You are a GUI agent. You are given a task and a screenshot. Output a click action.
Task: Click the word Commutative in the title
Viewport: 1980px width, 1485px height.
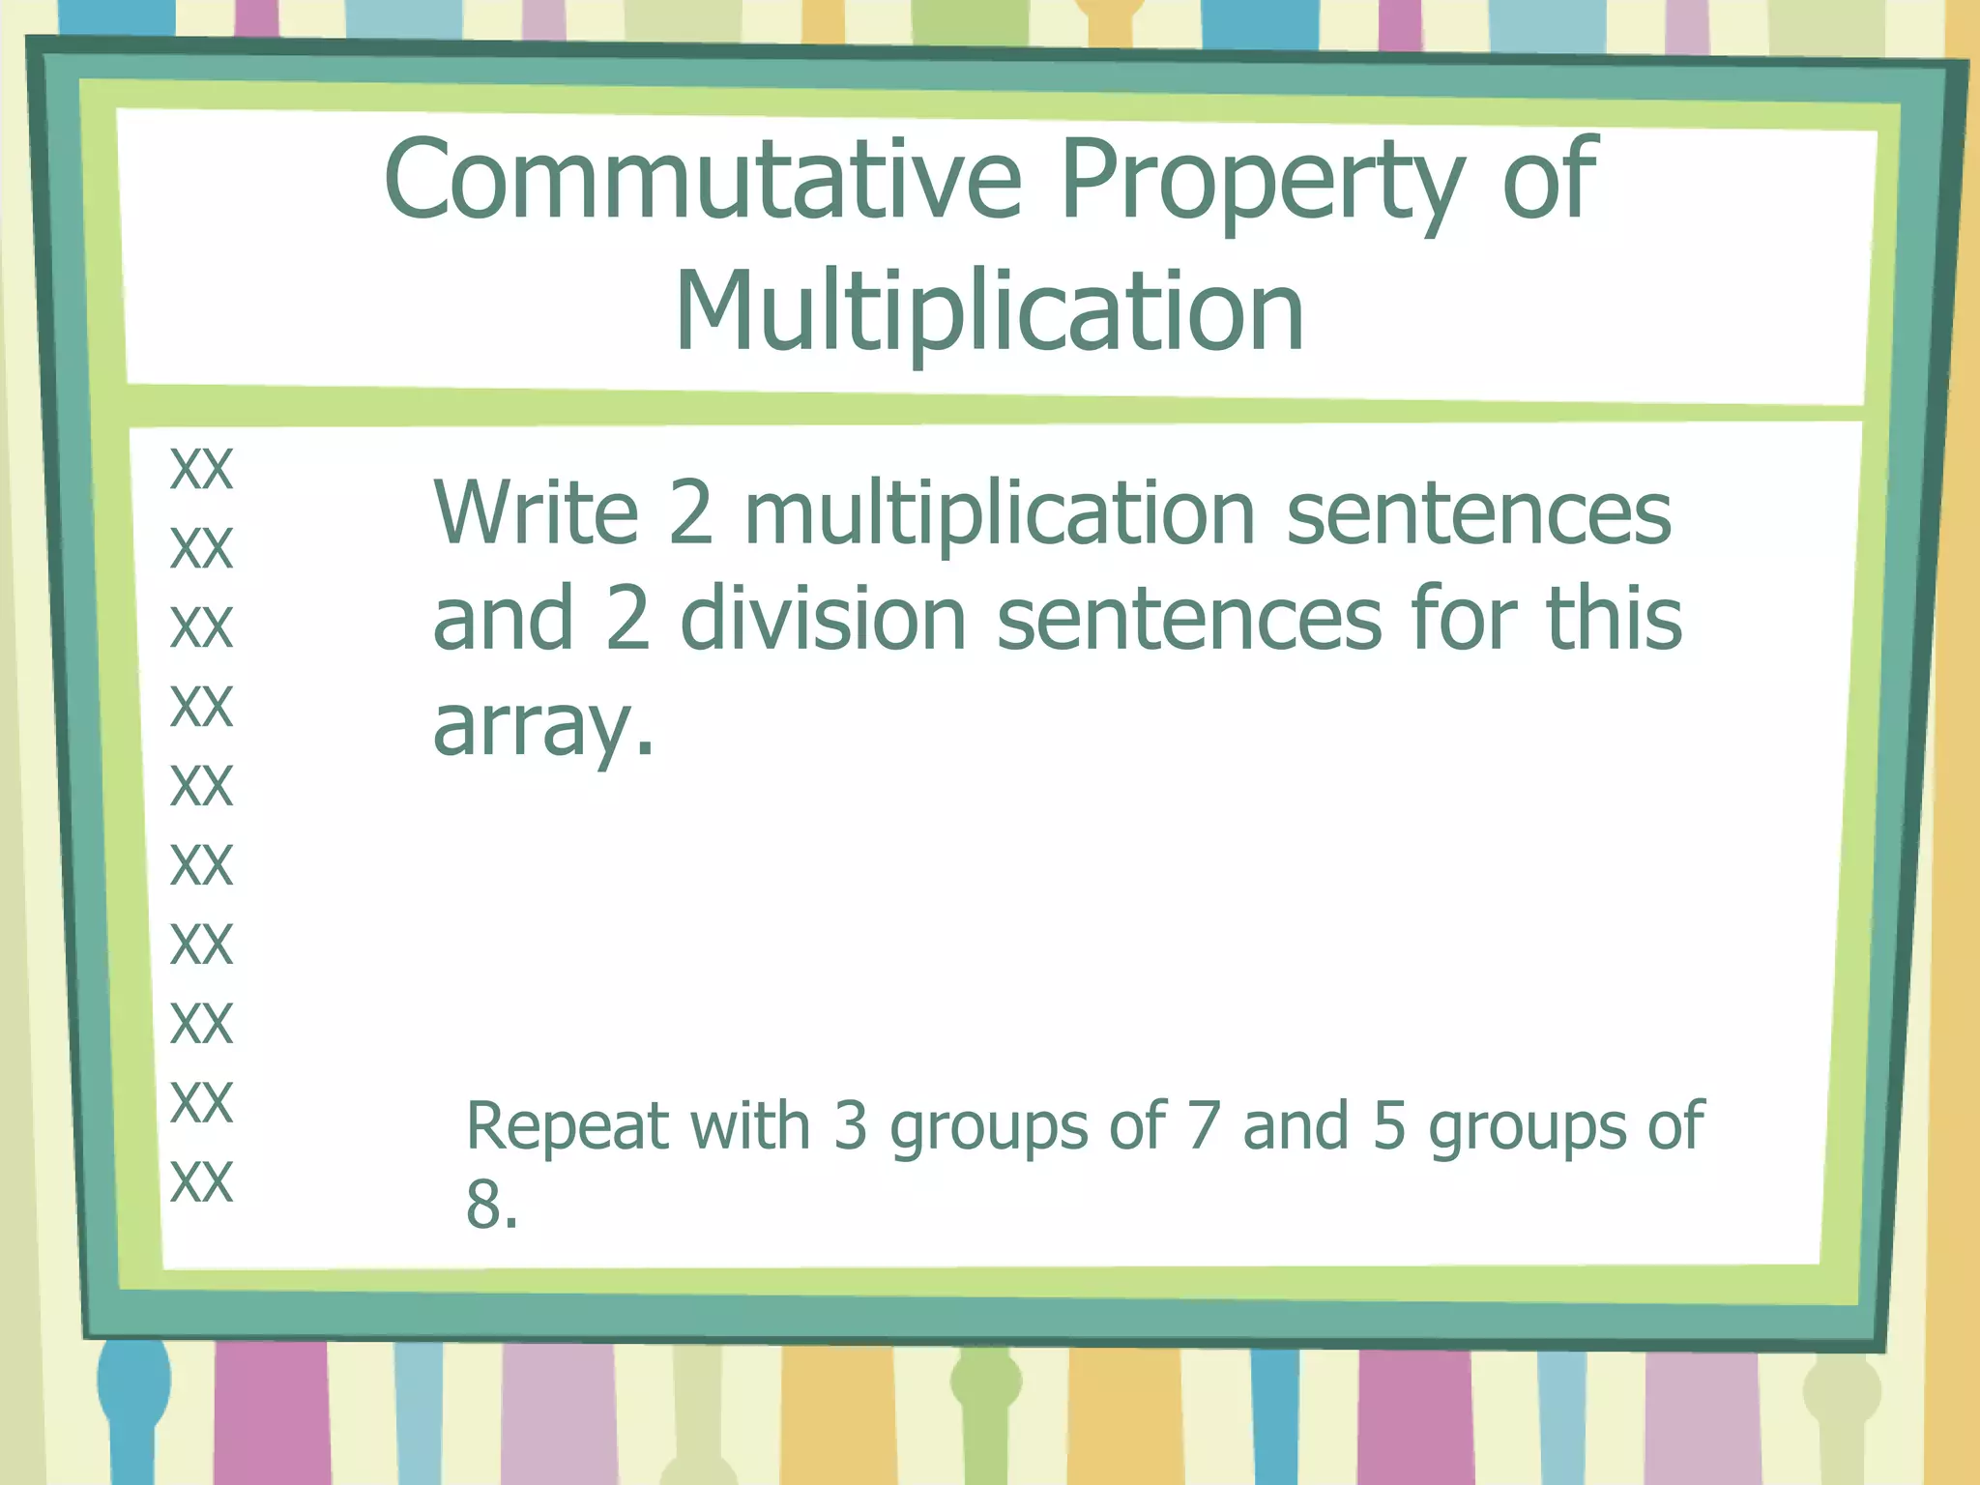pos(703,180)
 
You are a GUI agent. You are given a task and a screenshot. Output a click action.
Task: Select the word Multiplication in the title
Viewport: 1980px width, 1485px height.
pos(990,311)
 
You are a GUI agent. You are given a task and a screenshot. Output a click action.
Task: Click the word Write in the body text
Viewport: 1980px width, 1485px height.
pos(536,512)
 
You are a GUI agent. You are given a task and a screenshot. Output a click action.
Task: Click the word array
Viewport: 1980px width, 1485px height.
pos(542,727)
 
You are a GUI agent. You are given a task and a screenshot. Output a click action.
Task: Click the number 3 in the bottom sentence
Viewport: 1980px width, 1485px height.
pos(850,1126)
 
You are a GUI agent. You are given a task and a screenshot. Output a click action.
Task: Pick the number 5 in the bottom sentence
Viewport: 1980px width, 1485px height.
pos(1389,1126)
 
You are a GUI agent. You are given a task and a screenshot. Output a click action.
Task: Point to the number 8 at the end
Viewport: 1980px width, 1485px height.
pos(483,1206)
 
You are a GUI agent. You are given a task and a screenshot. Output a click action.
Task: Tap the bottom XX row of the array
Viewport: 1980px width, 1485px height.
pos(201,1181)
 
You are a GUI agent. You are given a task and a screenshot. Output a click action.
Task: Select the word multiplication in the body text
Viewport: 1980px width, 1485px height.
pos(1000,514)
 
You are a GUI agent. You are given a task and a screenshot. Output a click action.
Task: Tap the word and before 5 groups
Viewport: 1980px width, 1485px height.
pos(1296,1126)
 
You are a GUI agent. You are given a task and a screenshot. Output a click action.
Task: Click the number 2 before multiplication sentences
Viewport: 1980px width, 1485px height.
pos(690,512)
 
